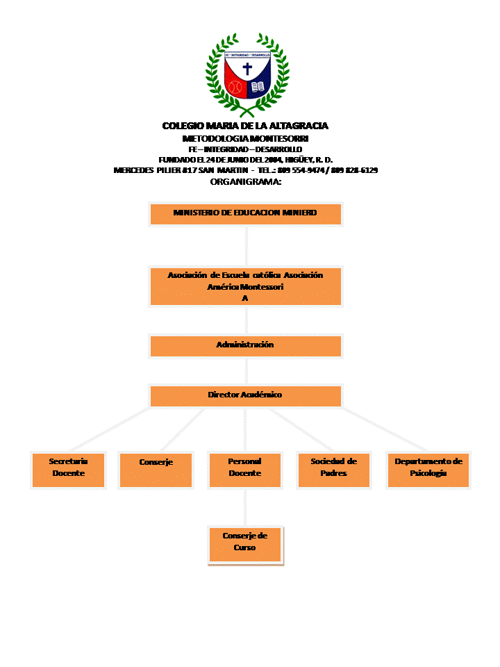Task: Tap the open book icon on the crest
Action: click(258, 88)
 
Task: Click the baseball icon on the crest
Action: click(235, 88)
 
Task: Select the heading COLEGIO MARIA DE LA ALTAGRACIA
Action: click(245, 126)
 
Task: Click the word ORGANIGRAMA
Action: click(245, 181)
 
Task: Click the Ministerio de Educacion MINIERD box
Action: click(245, 214)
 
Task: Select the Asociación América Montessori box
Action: click(245, 286)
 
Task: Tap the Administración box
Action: click(245, 346)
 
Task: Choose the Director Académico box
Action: click(245, 395)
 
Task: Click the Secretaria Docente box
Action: click(68, 470)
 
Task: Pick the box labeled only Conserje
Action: click(156, 470)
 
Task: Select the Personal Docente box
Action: click(244, 470)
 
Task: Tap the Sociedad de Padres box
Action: click(333, 470)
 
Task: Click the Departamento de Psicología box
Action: click(428, 470)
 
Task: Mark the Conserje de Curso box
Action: click(245, 544)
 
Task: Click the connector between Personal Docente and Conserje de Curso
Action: click(245, 507)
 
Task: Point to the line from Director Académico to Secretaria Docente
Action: click(111, 429)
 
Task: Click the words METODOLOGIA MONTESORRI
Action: click(245, 138)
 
